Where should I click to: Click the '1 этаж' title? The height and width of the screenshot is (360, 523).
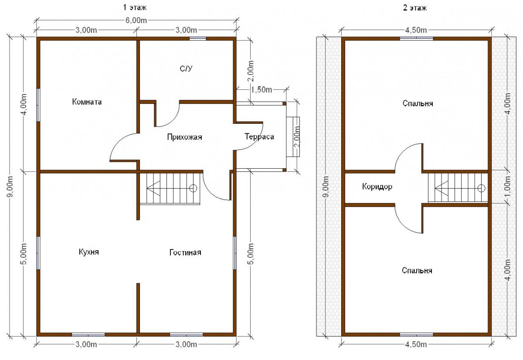tap(135, 8)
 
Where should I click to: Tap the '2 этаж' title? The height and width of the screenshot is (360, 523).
tap(414, 8)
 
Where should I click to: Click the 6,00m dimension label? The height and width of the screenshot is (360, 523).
tap(136, 20)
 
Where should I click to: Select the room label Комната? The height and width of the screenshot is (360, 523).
tap(87, 102)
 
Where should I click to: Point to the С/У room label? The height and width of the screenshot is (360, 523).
tap(186, 68)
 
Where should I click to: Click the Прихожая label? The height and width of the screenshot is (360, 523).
tap(184, 137)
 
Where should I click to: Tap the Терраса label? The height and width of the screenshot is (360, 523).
tap(259, 136)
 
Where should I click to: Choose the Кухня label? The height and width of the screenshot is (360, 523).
tap(89, 252)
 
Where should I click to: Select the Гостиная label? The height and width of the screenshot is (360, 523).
tap(185, 252)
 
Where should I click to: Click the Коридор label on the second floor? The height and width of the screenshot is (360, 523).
tap(377, 187)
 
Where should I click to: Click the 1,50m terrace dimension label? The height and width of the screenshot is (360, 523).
tap(261, 90)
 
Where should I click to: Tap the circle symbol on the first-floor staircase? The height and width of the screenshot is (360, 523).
tap(193, 188)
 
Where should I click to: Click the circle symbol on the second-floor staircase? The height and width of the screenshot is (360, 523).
tap(481, 188)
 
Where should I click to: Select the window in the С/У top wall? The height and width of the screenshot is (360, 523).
tap(197, 38)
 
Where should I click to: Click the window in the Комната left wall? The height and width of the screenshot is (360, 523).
tap(38, 105)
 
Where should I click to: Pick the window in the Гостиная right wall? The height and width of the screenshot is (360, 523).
tap(235, 253)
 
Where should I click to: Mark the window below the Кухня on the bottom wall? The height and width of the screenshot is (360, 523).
tap(88, 335)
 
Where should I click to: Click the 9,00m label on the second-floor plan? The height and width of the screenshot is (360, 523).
tap(326, 187)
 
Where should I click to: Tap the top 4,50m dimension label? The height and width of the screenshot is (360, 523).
tap(416, 30)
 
